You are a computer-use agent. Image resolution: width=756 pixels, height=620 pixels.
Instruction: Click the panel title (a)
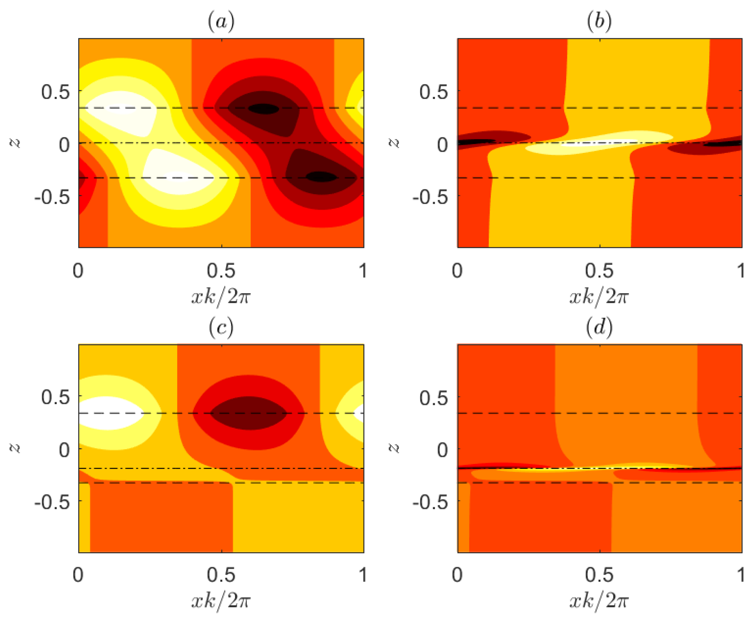click(x=221, y=22)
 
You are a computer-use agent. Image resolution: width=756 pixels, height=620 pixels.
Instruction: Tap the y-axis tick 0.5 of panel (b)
click(x=433, y=92)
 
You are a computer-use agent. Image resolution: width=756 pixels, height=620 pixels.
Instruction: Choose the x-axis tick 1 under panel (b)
click(x=741, y=270)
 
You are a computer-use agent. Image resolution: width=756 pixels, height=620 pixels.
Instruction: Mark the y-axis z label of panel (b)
click(x=393, y=143)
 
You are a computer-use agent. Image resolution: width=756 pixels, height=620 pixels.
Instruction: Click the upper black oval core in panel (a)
click(x=264, y=109)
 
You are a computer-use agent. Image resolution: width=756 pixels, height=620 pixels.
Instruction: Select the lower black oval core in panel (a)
click(x=321, y=176)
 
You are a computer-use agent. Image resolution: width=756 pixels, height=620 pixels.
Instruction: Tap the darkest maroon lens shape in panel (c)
click(x=249, y=413)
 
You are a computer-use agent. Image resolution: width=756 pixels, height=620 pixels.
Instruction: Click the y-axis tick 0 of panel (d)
click(x=443, y=450)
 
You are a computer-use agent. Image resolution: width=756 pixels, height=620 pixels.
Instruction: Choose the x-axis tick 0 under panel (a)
click(x=78, y=270)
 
